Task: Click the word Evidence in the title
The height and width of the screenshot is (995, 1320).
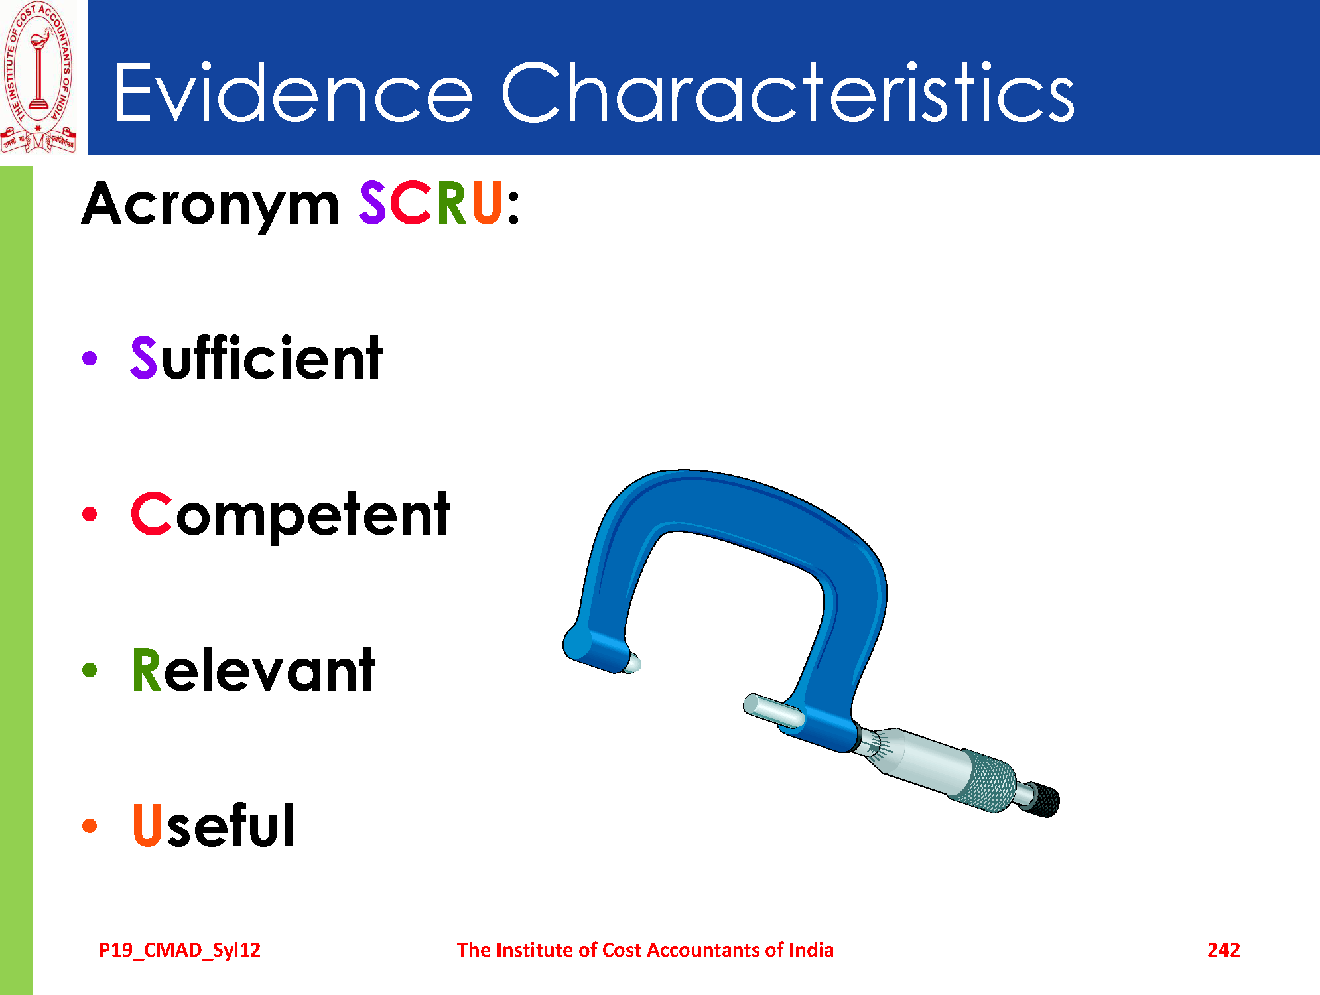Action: (x=293, y=92)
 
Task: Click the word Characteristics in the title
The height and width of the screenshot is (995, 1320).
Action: (x=788, y=92)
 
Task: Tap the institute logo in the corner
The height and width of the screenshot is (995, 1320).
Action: (x=38, y=77)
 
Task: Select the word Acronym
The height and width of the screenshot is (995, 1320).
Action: (x=210, y=205)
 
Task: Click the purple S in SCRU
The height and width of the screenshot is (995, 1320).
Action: (x=372, y=203)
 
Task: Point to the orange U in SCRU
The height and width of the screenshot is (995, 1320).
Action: (x=486, y=203)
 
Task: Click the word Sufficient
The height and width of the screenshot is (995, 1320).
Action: (x=257, y=358)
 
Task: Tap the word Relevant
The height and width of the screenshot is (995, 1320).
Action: (x=253, y=669)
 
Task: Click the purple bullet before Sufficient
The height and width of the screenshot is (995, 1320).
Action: (x=90, y=358)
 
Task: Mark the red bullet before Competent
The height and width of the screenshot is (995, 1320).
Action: (x=90, y=514)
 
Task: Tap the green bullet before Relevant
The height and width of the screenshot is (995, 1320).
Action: (x=90, y=670)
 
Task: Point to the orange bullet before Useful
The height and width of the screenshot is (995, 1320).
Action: (x=90, y=826)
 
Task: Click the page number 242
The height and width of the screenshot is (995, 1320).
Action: (x=1223, y=950)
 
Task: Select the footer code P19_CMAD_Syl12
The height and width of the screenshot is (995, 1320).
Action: (x=180, y=951)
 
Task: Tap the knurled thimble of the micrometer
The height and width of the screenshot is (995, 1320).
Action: (x=991, y=781)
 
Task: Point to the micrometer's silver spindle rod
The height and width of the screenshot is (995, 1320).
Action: (x=773, y=710)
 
